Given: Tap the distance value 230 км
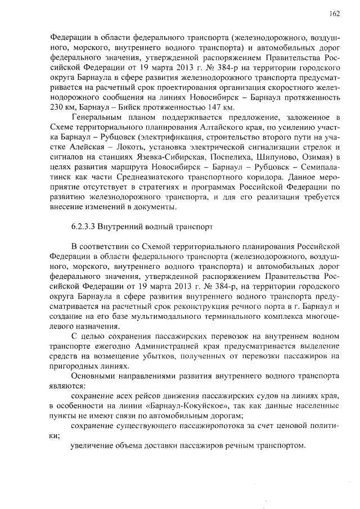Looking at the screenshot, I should pos(57,107).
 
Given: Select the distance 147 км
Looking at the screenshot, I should pos(220,107).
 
